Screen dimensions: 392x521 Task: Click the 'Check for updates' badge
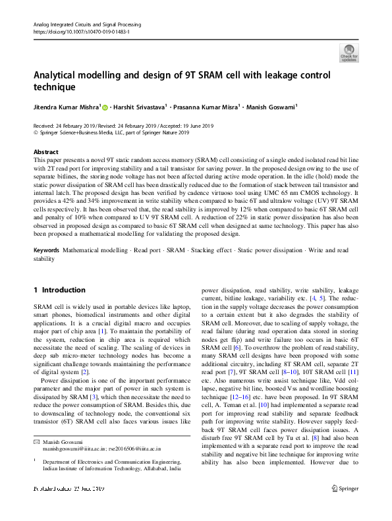pos(349,52)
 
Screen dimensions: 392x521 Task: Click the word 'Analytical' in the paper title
pos(59,74)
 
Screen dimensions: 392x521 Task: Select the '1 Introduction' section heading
pos(59,290)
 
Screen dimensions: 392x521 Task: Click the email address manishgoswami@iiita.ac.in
pos(73,466)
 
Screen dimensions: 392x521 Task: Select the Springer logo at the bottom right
pos(346,507)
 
